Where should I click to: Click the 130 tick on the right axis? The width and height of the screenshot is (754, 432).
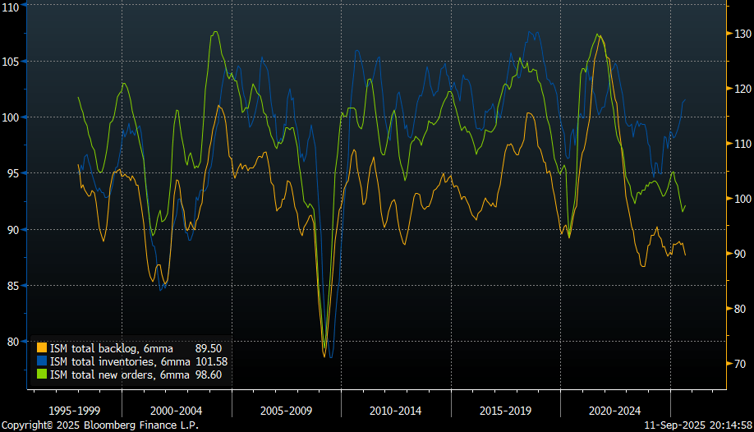point(742,34)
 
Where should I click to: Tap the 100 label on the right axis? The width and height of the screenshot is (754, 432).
point(742,199)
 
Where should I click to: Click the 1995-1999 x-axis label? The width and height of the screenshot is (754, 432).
point(76,409)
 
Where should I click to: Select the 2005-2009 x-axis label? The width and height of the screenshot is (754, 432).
point(286,409)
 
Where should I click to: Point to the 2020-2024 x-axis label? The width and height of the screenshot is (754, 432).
point(614,409)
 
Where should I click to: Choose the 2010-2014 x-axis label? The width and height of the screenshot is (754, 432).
point(396,409)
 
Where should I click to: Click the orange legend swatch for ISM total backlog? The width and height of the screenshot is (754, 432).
point(42,348)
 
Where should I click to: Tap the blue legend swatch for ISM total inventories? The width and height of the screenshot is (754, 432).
point(42,361)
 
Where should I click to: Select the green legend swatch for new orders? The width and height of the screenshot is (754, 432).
point(42,375)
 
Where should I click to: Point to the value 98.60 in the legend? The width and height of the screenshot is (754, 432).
point(209,375)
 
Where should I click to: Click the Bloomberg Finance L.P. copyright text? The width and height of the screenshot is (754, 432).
point(99,425)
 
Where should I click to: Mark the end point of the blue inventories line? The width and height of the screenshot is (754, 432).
point(686,99)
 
